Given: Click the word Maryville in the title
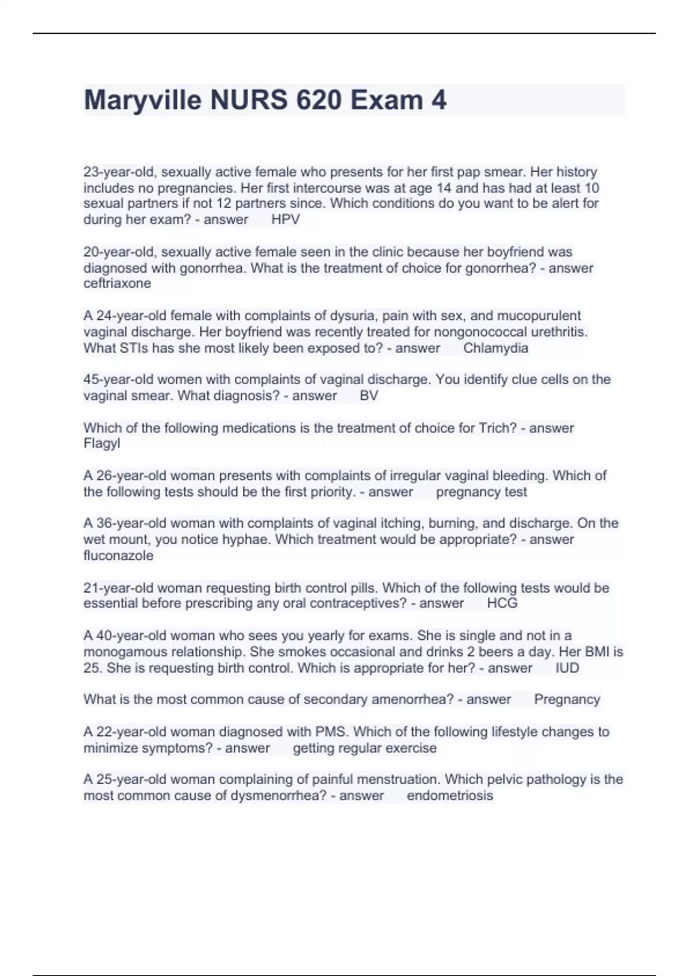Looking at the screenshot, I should tap(142, 100).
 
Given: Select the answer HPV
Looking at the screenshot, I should tap(285, 219).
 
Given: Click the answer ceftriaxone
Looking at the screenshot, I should tap(117, 283).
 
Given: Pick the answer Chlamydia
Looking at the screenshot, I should tap(496, 348).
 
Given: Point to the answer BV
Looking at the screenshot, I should tap(369, 396).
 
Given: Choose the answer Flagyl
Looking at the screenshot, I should tap(102, 443).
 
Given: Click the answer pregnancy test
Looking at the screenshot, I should tap(481, 492).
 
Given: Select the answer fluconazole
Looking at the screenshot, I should tap(118, 555).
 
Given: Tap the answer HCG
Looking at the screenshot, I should tap(502, 603).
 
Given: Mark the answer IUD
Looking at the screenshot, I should tap(567, 668).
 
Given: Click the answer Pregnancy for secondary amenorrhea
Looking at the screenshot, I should tap(567, 699).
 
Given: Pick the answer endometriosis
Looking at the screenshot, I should tap(450, 796).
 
